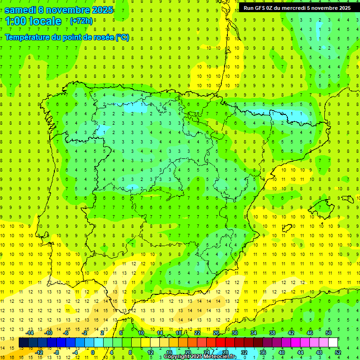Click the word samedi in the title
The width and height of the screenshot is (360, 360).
21,10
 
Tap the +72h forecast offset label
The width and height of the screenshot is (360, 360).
81,21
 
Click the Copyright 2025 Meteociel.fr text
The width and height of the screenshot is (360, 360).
200,357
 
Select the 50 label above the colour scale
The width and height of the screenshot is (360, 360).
329,333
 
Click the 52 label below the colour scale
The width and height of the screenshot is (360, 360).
338,352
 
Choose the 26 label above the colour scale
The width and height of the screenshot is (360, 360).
216,333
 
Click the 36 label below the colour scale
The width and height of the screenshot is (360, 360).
263,352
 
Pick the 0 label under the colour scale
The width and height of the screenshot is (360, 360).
93,352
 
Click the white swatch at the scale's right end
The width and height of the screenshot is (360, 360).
333,343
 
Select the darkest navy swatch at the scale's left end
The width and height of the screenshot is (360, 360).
24,343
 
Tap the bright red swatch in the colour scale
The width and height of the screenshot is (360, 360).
220,343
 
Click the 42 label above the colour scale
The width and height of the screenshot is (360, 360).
291,333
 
